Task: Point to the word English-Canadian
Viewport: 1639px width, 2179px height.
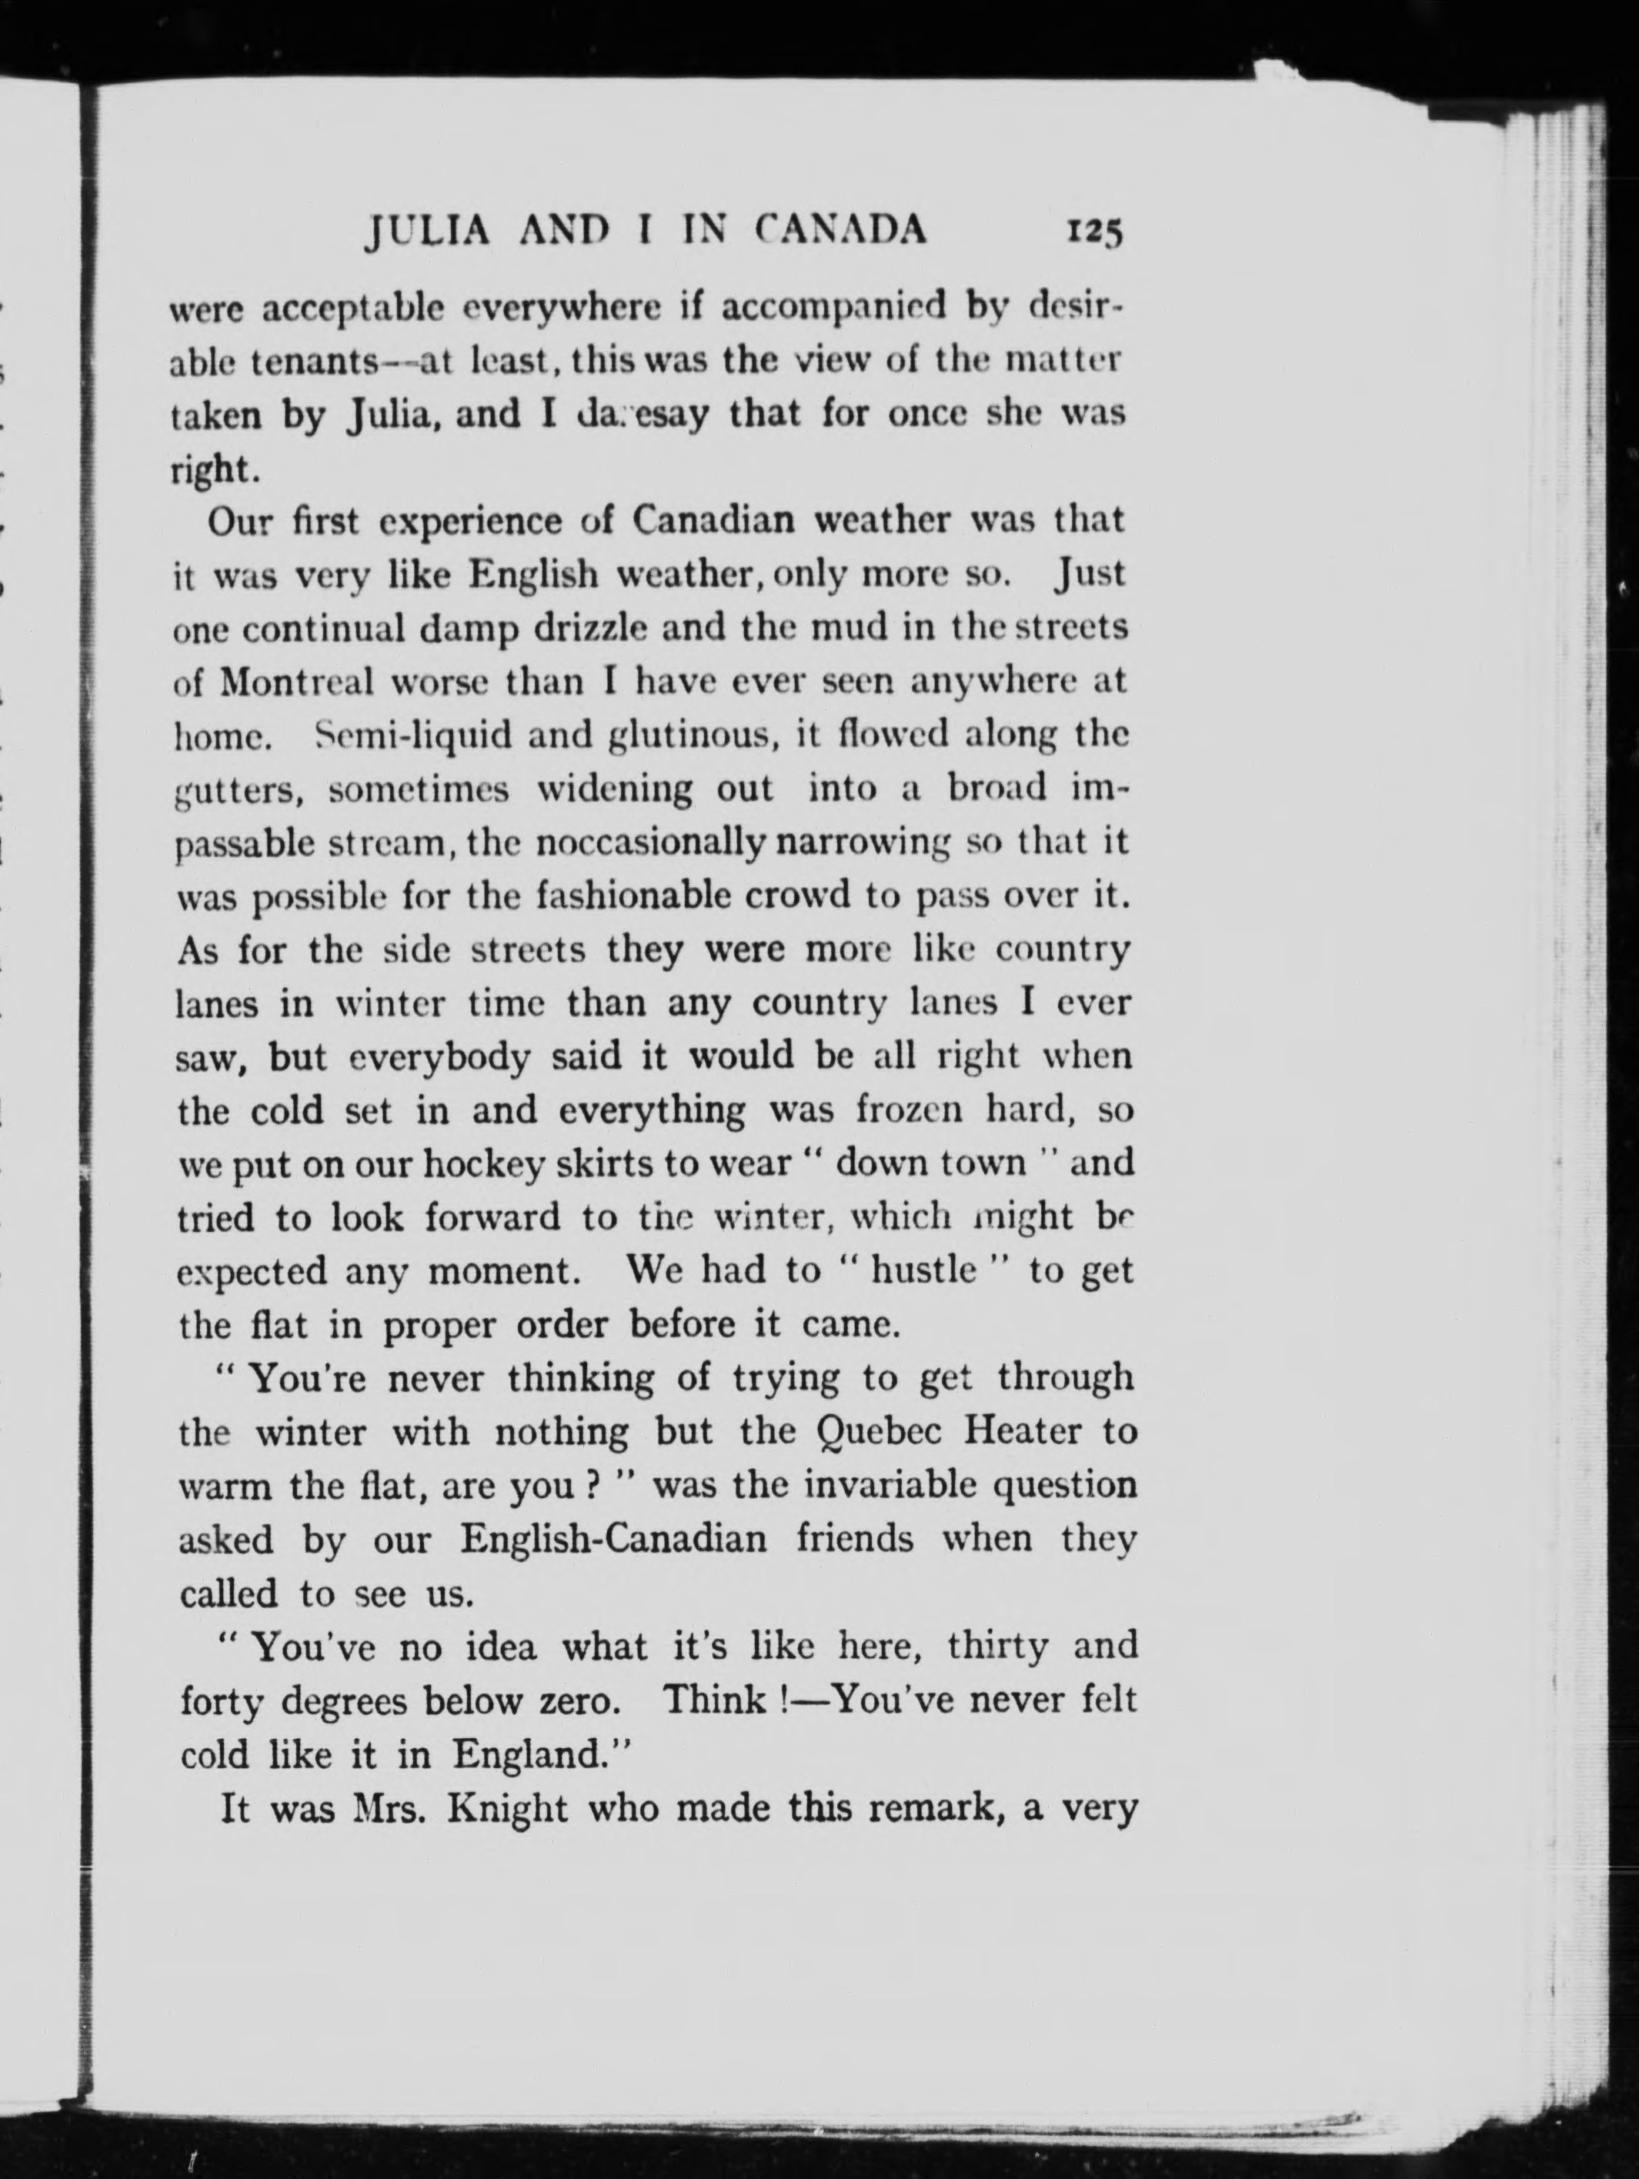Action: (613, 1538)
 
